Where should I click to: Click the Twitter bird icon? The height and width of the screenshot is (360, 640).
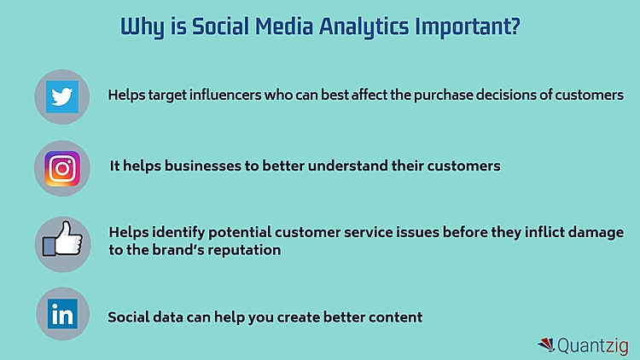coord(61,96)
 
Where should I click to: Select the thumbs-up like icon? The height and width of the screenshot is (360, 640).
coord(61,241)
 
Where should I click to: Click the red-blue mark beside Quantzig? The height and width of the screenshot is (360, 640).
coord(546,345)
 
